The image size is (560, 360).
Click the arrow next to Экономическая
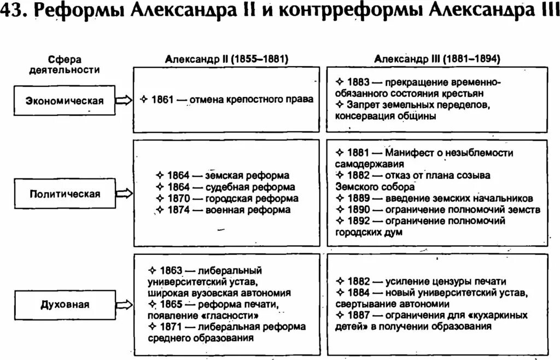124,100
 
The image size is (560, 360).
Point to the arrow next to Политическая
124,193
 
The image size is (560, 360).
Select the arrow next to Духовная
124,304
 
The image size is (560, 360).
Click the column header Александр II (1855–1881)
226,59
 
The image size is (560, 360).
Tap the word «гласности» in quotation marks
230,316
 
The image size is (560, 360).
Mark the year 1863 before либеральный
171,270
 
